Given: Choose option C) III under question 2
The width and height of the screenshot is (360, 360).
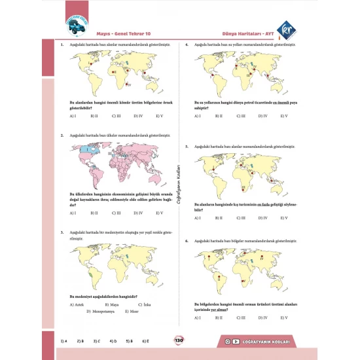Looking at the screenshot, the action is tap(115, 213).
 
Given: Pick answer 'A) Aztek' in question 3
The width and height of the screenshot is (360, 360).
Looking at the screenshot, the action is tap(77, 304).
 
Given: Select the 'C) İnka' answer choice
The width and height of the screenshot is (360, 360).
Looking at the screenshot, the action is tap(144, 304).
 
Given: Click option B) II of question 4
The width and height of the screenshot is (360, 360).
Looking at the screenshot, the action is tap(219, 116).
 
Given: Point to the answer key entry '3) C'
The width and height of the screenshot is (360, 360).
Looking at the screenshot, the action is tap(96, 340).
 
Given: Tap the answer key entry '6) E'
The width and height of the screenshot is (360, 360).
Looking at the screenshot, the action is tap(146, 340).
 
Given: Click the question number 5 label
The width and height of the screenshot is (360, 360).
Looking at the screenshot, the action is tap(187, 147).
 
